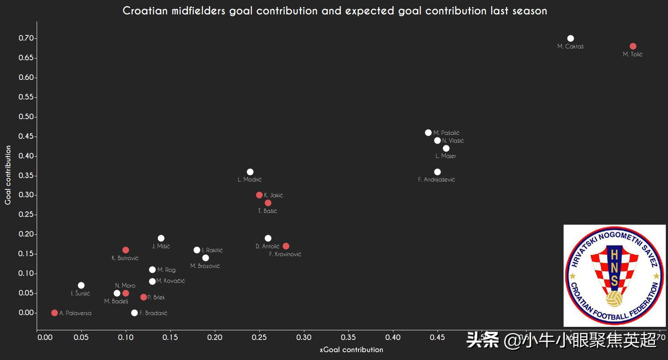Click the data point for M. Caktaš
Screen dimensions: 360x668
pyautogui.click(x=570, y=38)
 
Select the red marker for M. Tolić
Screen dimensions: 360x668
pyautogui.click(x=633, y=46)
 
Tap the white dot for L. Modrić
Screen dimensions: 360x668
pyautogui.click(x=250, y=172)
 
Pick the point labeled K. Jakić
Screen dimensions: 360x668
pyautogui.click(x=259, y=195)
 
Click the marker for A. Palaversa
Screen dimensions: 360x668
pyautogui.click(x=55, y=313)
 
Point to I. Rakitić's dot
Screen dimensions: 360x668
pyautogui.click(x=197, y=250)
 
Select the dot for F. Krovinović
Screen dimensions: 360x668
pyautogui.click(x=286, y=246)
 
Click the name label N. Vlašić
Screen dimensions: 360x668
pyautogui.click(x=453, y=141)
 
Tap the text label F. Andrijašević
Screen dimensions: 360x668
pyautogui.click(x=436, y=179)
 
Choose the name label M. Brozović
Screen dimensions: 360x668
pyautogui.click(x=205, y=266)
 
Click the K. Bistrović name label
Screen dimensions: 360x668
pyautogui.click(x=125, y=258)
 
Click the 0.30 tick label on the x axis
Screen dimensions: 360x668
pyautogui.click(x=304, y=337)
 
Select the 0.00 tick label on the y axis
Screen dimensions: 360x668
pyautogui.click(x=26, y=312)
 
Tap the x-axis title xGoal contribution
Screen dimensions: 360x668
pyautogui.click(x=351, y=350)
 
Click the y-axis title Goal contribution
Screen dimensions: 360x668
pyautogui.click(x=8, y=175)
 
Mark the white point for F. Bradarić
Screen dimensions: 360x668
pyautogui.click(x=134, y=313)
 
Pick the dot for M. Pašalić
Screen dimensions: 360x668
pyautogui.click(x=428, y=133)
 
